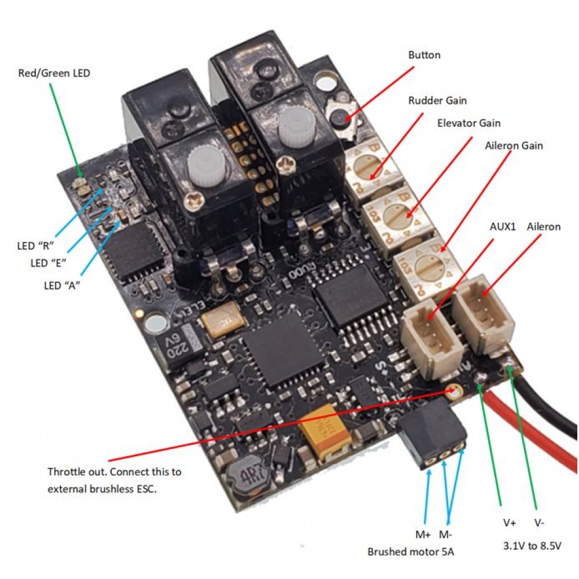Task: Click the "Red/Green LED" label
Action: tap(54, 74)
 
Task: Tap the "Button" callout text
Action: tap(424, 55)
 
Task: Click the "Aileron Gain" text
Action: tap(514, 146)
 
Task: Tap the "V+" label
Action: tap(509, 523)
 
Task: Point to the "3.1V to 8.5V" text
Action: tap(532, 546)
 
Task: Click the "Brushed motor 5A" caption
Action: tap(411, 552)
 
